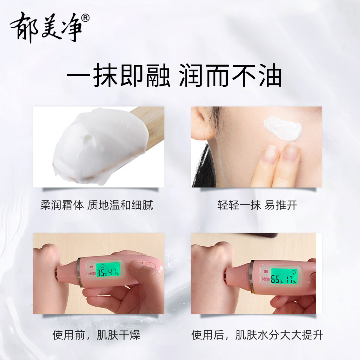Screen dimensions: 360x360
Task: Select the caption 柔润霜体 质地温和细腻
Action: point(97,205)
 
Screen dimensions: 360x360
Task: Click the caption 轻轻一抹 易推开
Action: point(257,205)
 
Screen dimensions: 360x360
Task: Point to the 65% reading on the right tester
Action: point(277,280)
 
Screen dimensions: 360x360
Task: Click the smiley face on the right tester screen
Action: point(293,272)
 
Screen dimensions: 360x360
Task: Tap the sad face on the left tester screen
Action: point(103,266)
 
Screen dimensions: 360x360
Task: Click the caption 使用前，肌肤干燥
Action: point(97,335)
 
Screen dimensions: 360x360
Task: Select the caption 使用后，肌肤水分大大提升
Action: point(257,335)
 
